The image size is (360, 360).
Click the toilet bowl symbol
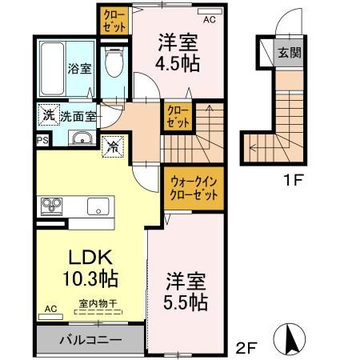114,62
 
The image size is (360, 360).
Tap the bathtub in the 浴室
53,68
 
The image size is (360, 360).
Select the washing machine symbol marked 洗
49,114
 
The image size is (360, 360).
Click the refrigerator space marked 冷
113,146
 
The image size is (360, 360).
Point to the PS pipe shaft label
42,140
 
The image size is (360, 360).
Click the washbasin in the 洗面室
82,138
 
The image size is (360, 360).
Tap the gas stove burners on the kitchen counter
51,206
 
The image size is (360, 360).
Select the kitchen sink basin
98,206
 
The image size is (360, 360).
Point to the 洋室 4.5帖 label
178,53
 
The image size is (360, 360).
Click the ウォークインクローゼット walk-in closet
194,189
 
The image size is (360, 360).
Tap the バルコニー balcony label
90,340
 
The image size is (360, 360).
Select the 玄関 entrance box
289,53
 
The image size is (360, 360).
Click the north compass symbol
290,338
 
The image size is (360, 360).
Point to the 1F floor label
293,182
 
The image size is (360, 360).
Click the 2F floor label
246,348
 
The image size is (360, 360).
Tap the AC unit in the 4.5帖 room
210,11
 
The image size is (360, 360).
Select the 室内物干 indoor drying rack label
98,303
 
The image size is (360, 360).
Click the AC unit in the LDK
50,317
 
